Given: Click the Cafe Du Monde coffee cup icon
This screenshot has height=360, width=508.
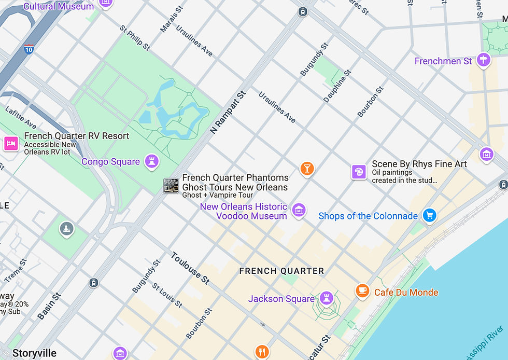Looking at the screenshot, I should (x=362, y=291).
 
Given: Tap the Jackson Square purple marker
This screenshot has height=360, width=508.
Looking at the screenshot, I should (x=326, y=298).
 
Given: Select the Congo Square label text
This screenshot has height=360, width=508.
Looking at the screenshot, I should (x=110, y=162).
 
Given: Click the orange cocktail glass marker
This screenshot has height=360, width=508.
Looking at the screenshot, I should (x=307, y=168).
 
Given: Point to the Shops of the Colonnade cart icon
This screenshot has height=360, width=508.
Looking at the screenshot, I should (x=429, y=215).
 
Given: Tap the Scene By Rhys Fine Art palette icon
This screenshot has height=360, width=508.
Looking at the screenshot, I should (x=359, y=172).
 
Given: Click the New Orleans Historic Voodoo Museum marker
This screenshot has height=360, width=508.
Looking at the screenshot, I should (x=299, y=210).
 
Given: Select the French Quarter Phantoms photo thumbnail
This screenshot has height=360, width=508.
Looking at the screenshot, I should (x=171, y=185).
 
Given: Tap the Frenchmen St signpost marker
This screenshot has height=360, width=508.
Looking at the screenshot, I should (x=484, y=60).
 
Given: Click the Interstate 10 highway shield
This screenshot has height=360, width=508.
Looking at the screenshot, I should (x=29, y=49).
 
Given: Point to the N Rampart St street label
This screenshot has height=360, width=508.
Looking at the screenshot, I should (x=228, y=113).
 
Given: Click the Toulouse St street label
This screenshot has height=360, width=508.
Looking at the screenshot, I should (x=190, y=268).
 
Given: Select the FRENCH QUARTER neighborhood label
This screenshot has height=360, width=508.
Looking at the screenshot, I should (x=281, y=271).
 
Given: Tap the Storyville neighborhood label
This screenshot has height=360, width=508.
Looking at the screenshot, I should (x=34, y=353).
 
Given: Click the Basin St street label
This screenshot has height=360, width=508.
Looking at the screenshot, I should (x=49, y=306).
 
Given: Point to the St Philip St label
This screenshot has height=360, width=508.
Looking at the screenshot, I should (x=135, y=38).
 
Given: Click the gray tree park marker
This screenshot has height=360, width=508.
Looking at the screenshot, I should (x=66, y=228).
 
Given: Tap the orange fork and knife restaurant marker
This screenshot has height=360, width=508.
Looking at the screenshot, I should (x=262, y=351).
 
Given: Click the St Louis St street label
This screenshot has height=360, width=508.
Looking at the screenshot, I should (x=167, y=295).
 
